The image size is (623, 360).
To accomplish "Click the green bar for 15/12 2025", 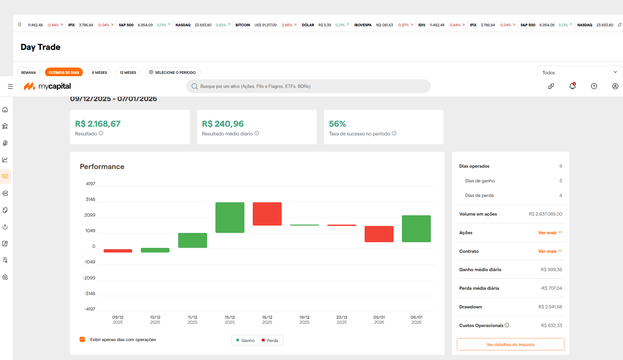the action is (230, 218).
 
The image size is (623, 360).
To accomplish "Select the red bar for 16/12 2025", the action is (267, 214).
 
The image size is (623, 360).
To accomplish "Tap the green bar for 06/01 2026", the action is (416, 229).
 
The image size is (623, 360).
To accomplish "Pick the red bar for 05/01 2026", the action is (379, 234).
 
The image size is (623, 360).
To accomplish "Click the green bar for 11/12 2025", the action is (192, 240).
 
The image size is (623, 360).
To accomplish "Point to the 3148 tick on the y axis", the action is (90, 199).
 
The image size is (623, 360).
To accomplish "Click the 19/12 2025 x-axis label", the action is (304, 320).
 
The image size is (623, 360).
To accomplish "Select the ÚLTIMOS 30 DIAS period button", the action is (64, 73).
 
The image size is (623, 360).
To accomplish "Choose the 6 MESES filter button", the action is (99, 73).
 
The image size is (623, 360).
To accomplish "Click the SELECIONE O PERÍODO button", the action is (173, 73).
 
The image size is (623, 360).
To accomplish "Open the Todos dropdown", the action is (579, 73).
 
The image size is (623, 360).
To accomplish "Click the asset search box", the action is (308, 86).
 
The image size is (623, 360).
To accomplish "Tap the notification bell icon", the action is (572, 86).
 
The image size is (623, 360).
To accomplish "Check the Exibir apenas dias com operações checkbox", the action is (82, 339).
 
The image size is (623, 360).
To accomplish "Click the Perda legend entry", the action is (270, 340).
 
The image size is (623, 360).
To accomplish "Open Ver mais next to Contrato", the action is (550, 251).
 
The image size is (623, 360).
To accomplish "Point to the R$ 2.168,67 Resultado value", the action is (98, 124).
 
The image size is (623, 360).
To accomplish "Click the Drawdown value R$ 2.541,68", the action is (550, 307).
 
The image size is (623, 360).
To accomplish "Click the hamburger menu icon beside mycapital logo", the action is (10, 86).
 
